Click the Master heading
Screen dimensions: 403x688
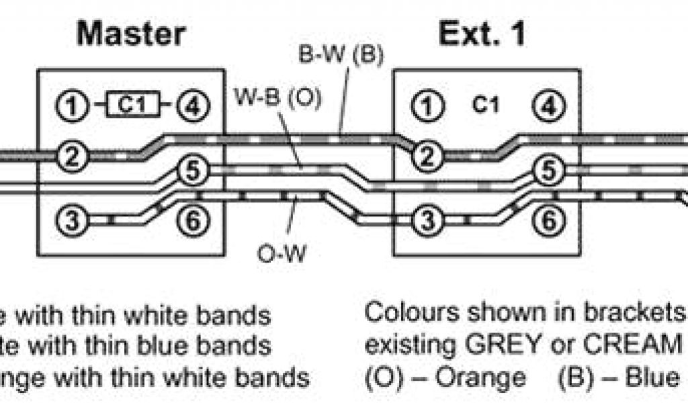point(130,34)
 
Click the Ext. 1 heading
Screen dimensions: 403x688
point(482,34)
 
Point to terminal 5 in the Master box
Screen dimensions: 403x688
point(193,171)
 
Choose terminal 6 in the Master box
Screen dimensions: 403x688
point(193,220)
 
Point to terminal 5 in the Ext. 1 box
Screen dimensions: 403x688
point(548,171)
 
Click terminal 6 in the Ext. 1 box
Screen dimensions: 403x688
point(548,220)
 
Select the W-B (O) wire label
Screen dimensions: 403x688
point(277,98)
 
